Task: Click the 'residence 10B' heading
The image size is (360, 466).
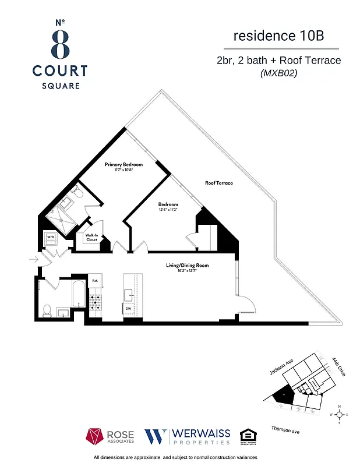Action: pyautogui.click(x=278, y=36)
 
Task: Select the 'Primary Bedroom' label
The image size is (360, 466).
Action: pyautogui.click(x=123, y=165)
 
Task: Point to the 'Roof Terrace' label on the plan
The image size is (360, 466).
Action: pyautogui.click(x=218, y=183)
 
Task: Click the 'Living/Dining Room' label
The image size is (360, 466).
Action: pyautogui.click(x=187, y=266)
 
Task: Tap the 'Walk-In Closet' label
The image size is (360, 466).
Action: pyautogui.click(x=91, y=238)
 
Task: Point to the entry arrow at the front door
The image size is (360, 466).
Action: pyautogui.click(x=32, y=259)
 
